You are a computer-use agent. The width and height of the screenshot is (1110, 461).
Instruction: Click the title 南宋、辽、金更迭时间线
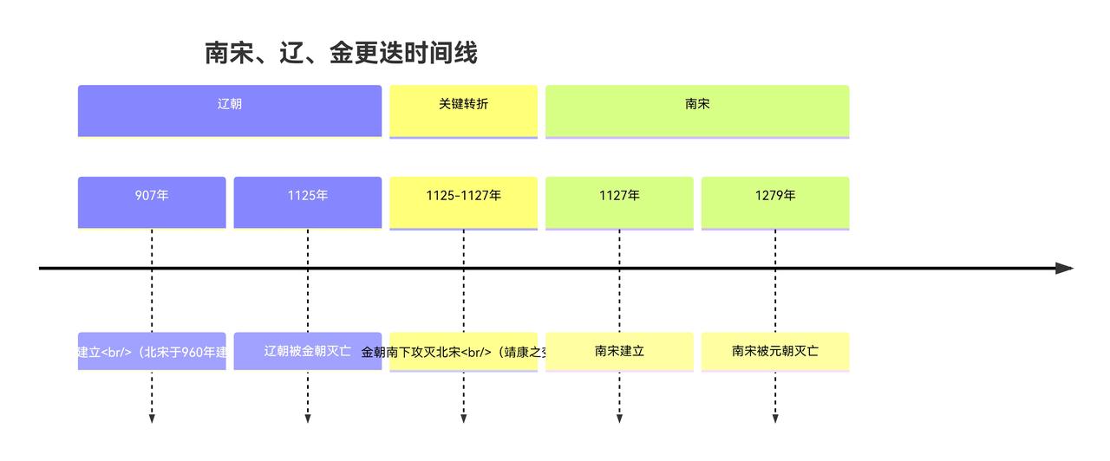click(341, 54)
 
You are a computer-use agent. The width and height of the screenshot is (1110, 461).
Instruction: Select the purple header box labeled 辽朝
click(230, 110)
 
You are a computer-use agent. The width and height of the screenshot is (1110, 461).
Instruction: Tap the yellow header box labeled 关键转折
click(463, 110)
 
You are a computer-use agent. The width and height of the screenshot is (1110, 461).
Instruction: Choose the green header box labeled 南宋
click(697, 110)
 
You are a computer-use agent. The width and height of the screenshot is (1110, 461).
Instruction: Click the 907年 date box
click(152, 202)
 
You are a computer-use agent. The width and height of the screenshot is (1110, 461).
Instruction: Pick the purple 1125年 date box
click(308, 202)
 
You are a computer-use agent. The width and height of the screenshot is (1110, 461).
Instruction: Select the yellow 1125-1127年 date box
click(463, 202)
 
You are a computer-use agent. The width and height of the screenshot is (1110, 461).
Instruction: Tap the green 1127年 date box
click(619, 202)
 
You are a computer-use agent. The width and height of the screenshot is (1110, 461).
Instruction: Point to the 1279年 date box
click(775, 202)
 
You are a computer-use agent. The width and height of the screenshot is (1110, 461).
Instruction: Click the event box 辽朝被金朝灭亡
click(308, 351)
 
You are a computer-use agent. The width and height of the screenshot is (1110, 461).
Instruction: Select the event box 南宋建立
click(619, 351)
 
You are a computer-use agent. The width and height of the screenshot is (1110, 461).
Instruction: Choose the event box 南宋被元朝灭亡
click(775, 351)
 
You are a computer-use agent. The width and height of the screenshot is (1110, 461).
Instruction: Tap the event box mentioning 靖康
click(463, 352)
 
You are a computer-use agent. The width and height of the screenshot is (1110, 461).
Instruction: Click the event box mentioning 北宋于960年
click(152, 351)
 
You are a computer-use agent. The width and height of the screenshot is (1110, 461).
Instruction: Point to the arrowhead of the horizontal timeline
click(1065, 269)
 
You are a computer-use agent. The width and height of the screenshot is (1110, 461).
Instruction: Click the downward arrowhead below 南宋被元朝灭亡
click(775, 419)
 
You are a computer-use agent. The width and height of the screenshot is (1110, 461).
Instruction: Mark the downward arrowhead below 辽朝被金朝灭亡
click(308, 419)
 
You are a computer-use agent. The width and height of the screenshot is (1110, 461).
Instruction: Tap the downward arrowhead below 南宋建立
click(619, 419)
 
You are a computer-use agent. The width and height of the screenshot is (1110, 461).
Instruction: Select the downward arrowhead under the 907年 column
click(152, 419)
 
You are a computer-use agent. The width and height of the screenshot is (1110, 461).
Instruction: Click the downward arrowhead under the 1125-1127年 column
click(463, 419)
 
